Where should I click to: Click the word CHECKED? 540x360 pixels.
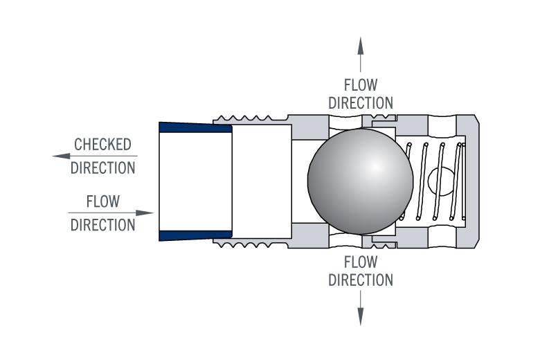coord(102,145)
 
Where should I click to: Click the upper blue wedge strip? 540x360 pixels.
coord(195,127)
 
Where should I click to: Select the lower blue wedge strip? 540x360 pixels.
coord(195,235)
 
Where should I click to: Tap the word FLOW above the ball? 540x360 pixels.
coord(361,86)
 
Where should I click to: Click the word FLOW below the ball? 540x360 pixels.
coord(361,263)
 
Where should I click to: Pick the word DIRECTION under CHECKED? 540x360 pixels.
coord(102,168)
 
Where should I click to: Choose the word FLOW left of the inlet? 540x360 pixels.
coord(102,201)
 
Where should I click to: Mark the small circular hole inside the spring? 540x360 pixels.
coord(440,181)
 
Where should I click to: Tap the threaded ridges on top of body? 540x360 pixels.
coord(249,118)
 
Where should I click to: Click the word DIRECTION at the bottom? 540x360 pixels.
coord(361,280)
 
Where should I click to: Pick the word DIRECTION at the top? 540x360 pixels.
coord(361,103)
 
